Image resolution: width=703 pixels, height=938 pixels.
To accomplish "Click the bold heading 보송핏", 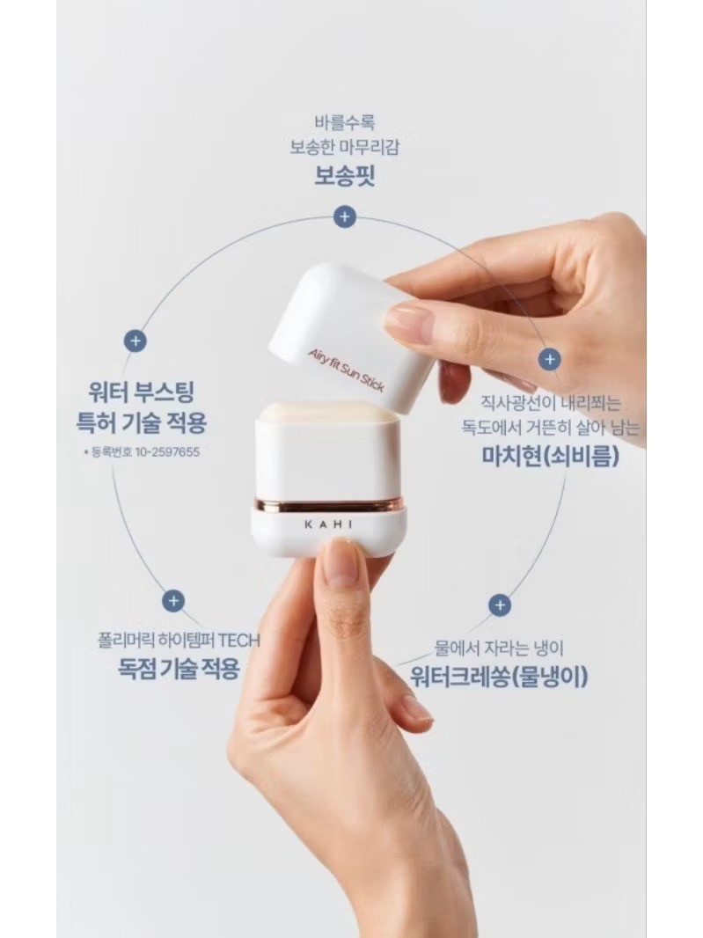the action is tap(345, 175).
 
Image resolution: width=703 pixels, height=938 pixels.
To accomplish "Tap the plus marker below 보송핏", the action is tap(344, 216).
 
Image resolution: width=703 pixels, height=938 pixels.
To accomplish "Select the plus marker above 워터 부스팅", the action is tap(135, 341).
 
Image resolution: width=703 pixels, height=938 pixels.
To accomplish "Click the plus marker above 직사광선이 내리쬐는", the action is tap(549, 360).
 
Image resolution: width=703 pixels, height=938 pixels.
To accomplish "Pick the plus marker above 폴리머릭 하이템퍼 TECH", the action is tap(173, 601).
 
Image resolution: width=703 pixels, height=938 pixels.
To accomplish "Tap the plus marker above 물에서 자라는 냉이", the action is tap(500, 605).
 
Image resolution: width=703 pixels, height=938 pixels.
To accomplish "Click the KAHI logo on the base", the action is tap(328, 525).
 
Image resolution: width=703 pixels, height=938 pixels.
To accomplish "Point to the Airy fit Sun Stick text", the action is tap(347, 370).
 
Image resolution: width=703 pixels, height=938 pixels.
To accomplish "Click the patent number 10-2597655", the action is tap(167, 452).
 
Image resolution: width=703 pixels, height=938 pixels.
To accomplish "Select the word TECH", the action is tap(238, 641).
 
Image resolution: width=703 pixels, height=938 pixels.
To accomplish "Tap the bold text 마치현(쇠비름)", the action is tap(551, 457).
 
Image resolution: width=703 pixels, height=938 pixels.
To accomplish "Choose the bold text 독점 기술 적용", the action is tap(179, 668).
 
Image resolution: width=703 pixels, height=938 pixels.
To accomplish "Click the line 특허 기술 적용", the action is tap(141, 423).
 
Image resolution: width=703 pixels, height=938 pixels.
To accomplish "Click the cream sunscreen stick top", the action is tap(328, 411).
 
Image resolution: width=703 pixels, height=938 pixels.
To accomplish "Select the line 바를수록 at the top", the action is tap(345, 122).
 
